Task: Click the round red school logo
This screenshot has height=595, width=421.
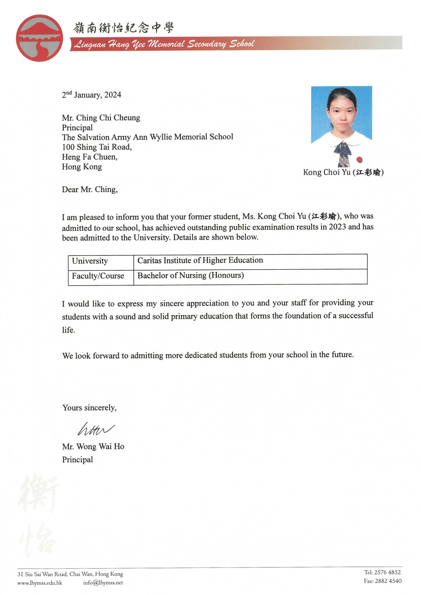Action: (39, 38)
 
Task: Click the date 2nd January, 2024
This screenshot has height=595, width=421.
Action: (92, 95)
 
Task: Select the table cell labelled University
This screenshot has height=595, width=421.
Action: (90, 261)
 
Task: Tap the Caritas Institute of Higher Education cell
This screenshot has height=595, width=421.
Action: (200, 260)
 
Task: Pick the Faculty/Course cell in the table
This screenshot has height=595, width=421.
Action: (98, 276)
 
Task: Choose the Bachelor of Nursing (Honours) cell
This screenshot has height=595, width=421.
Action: (191, 276)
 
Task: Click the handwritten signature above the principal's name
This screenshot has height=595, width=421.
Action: (95, 429)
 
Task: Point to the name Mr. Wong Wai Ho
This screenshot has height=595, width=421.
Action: (93, 447)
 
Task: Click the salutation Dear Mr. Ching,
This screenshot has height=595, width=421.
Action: (90, 190)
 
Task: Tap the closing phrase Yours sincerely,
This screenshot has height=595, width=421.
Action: (89, 408)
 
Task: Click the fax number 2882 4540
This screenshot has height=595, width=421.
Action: (387, 581)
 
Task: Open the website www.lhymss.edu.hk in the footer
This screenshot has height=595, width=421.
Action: (40, 583)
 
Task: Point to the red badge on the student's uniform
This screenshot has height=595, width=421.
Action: (359, 160)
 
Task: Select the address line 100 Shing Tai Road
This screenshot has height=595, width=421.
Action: (97, 147)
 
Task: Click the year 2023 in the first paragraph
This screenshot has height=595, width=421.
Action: (337, 227)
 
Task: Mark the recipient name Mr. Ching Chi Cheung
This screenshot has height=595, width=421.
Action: (101, 118)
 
